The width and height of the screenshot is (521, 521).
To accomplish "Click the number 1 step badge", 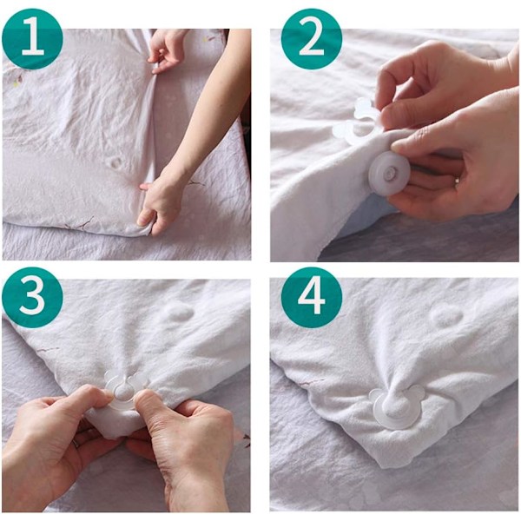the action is (x=32, y=39).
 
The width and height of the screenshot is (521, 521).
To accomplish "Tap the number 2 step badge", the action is (x=312, y=39).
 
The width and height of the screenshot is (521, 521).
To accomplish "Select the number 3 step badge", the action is (x=32, y=297).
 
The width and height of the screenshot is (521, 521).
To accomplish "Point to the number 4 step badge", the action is (x=312, y=297).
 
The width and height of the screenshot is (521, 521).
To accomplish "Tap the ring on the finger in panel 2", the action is (x=458, y=181).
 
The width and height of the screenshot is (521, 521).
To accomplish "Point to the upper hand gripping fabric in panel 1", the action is (x=167, y=50).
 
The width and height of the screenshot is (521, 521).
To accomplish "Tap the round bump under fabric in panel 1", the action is (x=116, y=163).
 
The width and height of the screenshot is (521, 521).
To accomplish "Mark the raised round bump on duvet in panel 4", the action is (x=446, y=316).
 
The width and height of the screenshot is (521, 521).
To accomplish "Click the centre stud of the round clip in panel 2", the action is (x=389, y=174).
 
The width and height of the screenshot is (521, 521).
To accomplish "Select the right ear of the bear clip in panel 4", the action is (x=415, y=392).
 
